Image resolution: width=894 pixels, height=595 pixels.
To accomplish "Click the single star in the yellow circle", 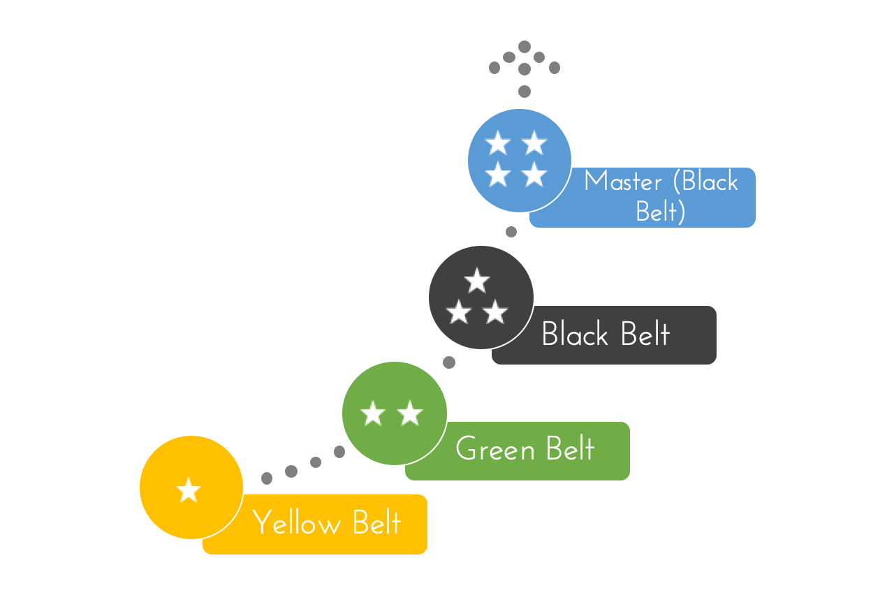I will [189, 490].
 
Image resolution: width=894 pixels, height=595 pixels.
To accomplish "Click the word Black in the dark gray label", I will [575, 335].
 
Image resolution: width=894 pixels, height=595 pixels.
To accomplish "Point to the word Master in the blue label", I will [623, 182].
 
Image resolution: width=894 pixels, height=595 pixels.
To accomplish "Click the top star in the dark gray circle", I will [477, 281].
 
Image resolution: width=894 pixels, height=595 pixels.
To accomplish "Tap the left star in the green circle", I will [373, 413].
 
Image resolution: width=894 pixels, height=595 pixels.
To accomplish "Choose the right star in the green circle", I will [410, 413].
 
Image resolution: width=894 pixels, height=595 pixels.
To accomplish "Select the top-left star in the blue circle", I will [498, 143].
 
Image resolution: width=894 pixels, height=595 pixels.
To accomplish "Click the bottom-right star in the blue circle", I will [534, 174].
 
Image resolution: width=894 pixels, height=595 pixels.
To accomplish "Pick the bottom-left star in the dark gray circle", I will [459, 312].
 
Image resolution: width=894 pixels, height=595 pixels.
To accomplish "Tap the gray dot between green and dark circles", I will [449, 362].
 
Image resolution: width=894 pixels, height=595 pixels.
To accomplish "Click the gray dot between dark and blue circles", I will [511, 232].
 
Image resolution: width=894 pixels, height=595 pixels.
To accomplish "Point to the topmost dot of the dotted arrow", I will [525, 46].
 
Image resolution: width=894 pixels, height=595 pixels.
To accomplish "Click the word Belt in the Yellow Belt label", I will [377, 523].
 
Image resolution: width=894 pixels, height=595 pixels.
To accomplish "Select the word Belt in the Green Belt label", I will [571, 449].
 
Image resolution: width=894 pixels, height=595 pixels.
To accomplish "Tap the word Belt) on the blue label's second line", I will [660, 211].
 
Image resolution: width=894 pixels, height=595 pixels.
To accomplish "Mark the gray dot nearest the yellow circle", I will [267, 478].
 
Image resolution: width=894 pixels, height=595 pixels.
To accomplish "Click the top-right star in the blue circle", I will [534, 143].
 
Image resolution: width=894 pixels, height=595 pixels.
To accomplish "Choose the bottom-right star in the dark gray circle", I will [495, 312].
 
